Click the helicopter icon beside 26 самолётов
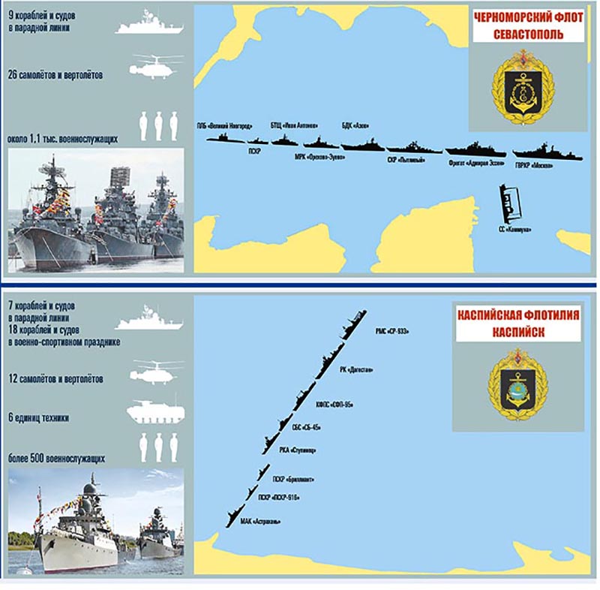[155, 66]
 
